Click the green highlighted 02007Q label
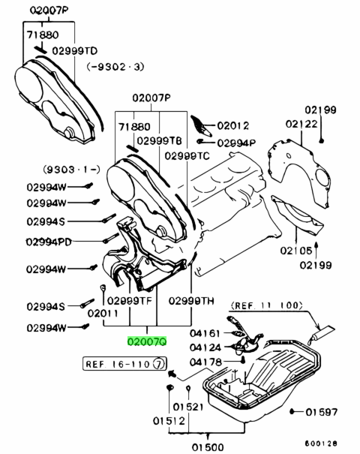[147, 341]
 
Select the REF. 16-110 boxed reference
[125, 364]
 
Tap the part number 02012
[233, 125]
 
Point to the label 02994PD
[49, 242]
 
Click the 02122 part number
[301, 124]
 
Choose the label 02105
[296, 251]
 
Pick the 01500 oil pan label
[208, 448]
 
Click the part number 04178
[205, 362]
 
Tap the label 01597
[322, 412]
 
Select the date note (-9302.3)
[115, 67]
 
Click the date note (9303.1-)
[72, 169]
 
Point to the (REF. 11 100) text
[266, 305]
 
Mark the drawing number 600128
[321, 443]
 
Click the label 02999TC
[187, 156]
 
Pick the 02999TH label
[191, 301]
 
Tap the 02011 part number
[103, 313]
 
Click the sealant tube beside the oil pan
[320, 335]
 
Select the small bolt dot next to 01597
[292, 411]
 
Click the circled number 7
[160, 364]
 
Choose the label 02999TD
[75, 51]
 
